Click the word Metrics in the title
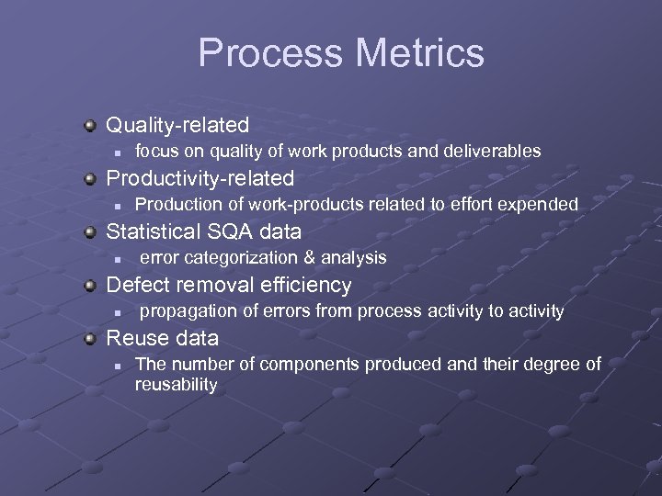click(416, 53)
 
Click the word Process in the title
click(267, 53)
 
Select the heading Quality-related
click(177, 124)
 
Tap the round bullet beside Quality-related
click(89, 124)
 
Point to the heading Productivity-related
click(200, 177)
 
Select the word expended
click(543, 204)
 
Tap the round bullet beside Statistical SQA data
click(89, 231)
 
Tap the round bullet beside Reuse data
click(89, 337)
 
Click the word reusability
click(176, 384)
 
